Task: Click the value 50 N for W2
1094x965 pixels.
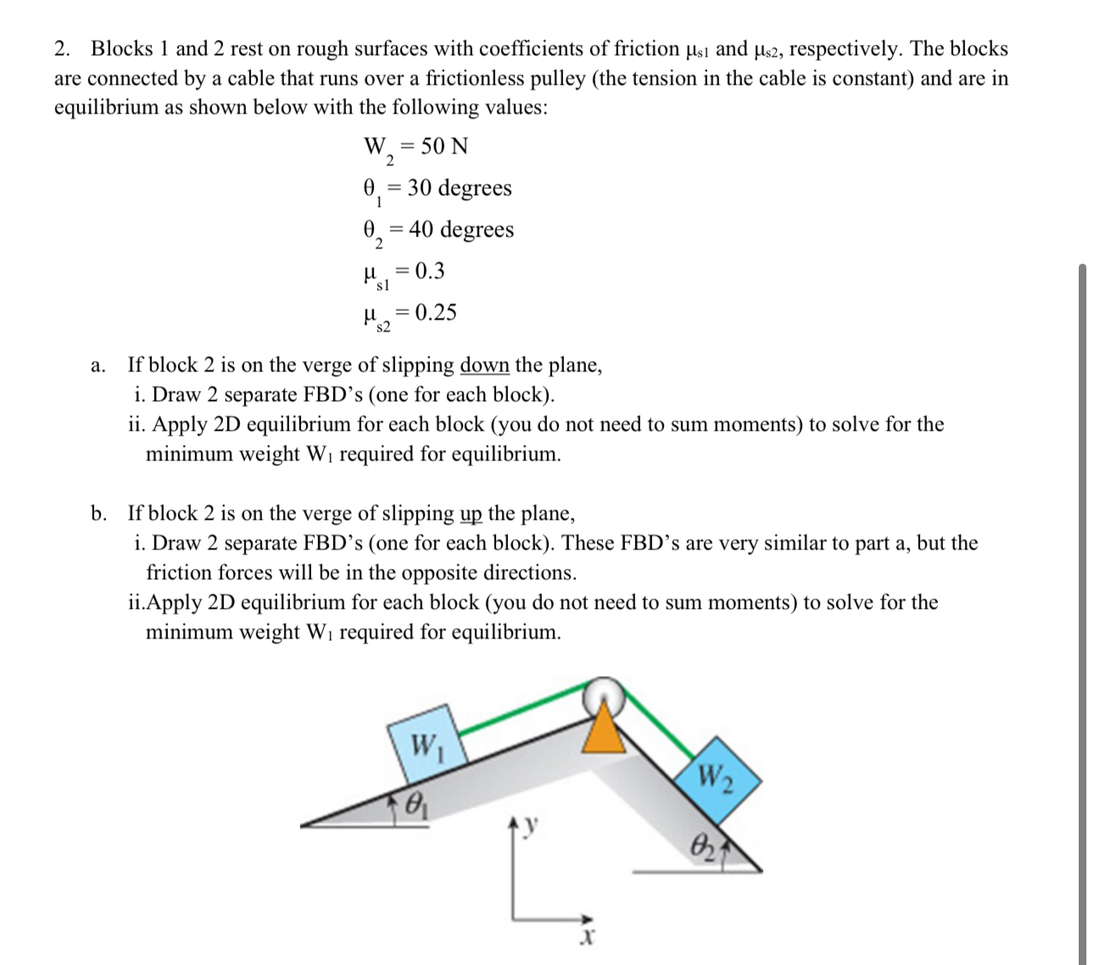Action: [x=444, y=147]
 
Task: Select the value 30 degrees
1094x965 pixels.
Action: [x=459, y=187]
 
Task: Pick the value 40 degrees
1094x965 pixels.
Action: [x=460, y=229]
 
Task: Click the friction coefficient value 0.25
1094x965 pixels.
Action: [x=437, y=312]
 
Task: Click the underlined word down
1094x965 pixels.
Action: [x=484, y=365]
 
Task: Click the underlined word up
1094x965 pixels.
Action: [x=471, y=514]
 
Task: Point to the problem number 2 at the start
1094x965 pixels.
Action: [x=62, y=49]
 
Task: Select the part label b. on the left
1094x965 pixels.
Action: [x=99, y=514]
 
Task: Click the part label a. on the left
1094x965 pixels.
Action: [x=98, y=365]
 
